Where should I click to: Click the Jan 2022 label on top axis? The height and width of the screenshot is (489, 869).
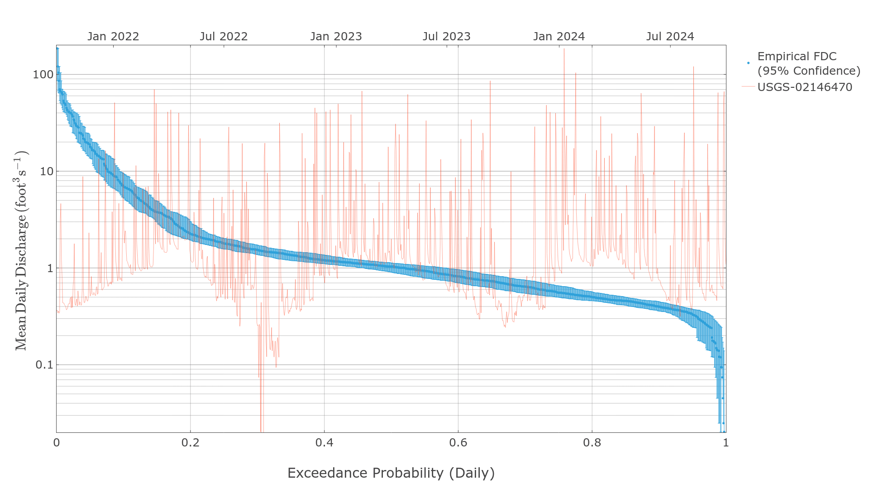(x=113, y=37)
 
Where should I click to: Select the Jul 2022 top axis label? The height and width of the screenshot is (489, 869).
(x=224, y=37)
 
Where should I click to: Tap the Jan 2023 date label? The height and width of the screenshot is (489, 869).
(x=336, y=37)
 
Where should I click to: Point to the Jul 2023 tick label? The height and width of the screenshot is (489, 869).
(x=446, y=37)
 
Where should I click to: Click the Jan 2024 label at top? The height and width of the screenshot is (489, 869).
(x=559, y=37)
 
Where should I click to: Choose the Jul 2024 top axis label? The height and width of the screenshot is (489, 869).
(x=670, y=37)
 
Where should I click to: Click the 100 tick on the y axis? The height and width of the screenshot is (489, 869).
(x=43, y=75)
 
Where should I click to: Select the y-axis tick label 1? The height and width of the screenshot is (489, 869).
(x=50, y=268)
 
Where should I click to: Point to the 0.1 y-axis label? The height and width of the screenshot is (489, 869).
(x=44, y=365)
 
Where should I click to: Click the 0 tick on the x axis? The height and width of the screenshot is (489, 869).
(x=57, y=443)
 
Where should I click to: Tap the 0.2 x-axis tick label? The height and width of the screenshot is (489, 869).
(x=190, y=443)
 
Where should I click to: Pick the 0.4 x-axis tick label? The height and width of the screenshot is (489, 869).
(x=324, y=443)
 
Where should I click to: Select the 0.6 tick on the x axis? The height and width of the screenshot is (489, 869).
(x=458, y=443)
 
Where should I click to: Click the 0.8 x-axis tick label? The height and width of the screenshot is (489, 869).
(x=592, y=443)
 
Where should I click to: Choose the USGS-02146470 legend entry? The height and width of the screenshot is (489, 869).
(x=804, y=87)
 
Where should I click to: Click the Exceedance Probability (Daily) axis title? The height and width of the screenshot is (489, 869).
(x=391, y=473)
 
